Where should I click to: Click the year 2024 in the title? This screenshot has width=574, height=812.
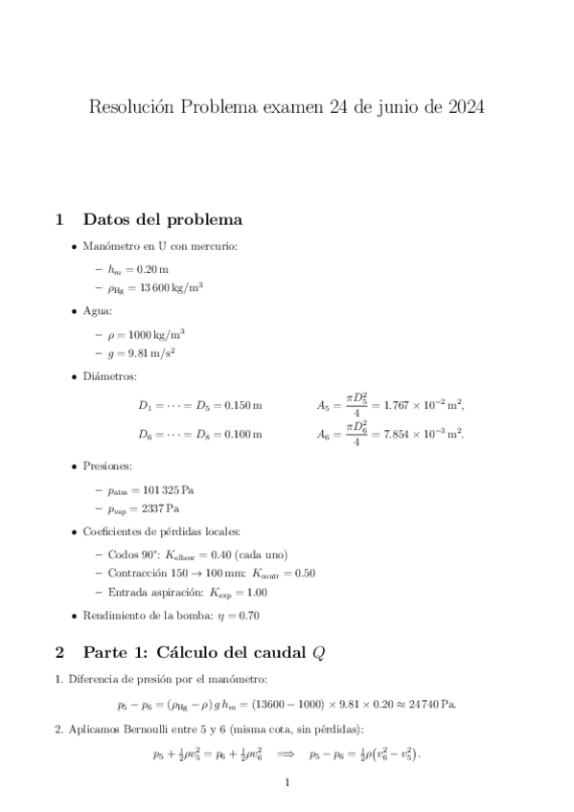(465, 107)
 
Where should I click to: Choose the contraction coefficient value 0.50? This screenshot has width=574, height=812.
(303, 574)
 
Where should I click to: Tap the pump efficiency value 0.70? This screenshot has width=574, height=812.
(247, 616)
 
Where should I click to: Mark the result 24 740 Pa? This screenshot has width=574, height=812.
(430, 706)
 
